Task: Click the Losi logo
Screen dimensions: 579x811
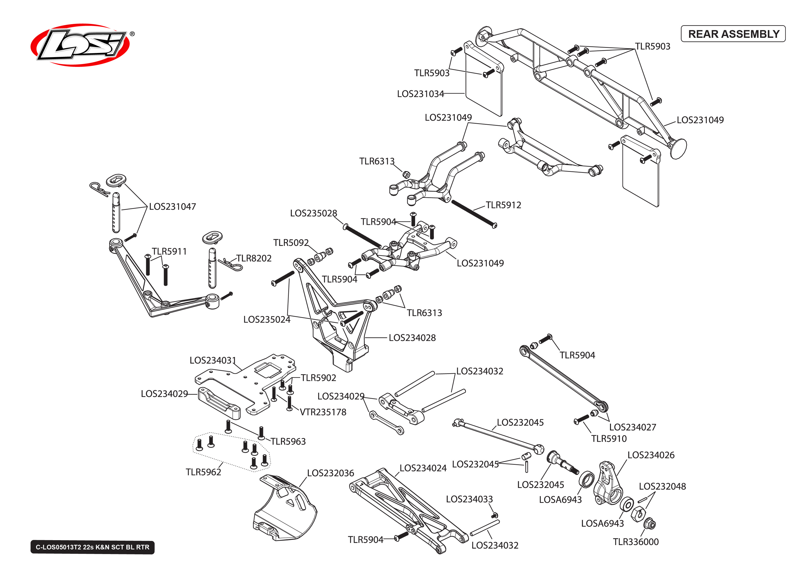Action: coord(80,45)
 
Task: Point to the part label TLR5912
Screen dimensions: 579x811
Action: coord(503,205)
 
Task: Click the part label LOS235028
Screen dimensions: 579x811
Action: coord(313,213)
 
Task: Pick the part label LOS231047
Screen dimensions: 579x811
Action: coord(172,207)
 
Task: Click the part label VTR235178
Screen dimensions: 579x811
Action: coord(323,412)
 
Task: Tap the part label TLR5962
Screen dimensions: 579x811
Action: coord(203,472)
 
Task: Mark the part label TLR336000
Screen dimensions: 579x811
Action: coord(635,542)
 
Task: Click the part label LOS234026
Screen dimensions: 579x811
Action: coord(650,455)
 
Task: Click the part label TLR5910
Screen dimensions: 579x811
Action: coord(608,439)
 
